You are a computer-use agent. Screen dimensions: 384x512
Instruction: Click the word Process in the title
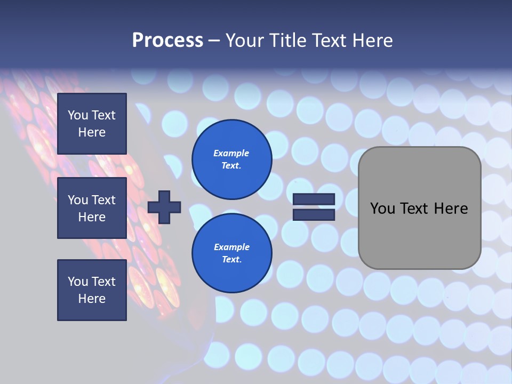[x=167, y=41]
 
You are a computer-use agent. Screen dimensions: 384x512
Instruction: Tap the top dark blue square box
[x=92, y=124]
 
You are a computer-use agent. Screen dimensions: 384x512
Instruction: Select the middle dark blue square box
[x=92, y=208]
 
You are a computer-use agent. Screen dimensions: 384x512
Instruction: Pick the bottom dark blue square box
[x=92, y=290]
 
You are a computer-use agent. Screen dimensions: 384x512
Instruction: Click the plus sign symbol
[x=164, y=207]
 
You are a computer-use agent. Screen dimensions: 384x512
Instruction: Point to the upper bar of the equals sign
[x=314, y=199]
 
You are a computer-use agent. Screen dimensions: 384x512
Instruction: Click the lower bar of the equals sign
[x=314, y=214]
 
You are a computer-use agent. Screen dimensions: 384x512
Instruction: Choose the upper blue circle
[x=232, y=159]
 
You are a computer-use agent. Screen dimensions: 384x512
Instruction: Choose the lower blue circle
[x=232, y=253]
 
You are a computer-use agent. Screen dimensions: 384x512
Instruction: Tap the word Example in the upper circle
[x=231, y=153]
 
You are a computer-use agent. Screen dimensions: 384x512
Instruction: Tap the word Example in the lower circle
[x=231, y=247]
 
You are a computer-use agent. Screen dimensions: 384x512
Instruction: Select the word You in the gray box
[x=383, y=209]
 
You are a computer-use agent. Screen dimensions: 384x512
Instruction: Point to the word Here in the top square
[x=92, y=132]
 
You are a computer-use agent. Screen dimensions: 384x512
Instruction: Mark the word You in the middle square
[x=78, y=200]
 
